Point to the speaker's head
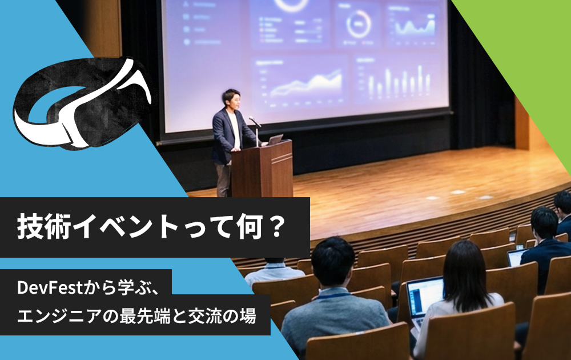pyautogui.click(x=231, y=99)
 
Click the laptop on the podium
pyautogui.click(x=275, y=139)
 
